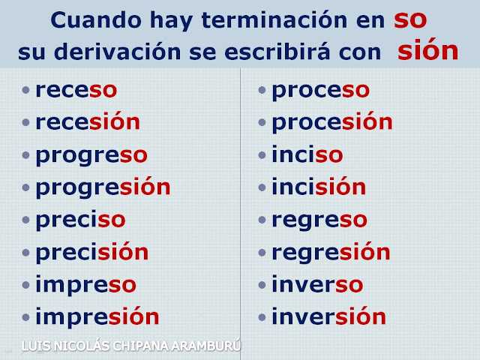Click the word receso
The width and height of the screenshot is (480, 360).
(76, 90)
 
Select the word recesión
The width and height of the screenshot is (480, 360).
(88, 121)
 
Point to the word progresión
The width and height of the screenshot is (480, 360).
(103, 187)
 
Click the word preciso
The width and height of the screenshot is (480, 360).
(80, 219)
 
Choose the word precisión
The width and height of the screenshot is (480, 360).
(92, 252)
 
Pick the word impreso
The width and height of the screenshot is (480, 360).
(85, 285)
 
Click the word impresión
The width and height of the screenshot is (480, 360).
(97, 317)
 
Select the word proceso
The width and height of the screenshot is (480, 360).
(321, 91)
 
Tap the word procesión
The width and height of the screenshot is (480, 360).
(332, 122)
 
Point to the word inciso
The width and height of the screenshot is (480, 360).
(307, 154)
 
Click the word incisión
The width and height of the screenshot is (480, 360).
(319, 186)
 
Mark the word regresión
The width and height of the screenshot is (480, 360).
(331, 253)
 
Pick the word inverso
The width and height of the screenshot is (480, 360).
(317, 283)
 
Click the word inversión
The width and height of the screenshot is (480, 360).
(329, 316)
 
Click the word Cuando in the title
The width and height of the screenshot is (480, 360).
(96, 20)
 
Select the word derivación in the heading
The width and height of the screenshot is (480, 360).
(118, 51)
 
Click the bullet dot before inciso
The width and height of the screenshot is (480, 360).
(262, 155)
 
